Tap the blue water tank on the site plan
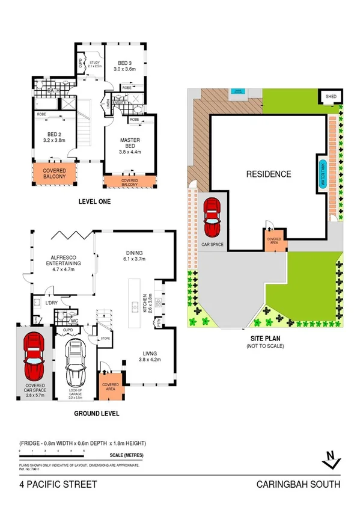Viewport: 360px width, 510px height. [323, 174]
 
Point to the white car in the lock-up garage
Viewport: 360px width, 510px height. [75, 364]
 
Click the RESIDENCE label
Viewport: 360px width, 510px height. [269, 174]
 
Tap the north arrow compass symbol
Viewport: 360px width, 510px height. [329, 460]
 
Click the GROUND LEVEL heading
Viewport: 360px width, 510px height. [96, 413]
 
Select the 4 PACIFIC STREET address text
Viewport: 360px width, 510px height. [57, 484]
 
